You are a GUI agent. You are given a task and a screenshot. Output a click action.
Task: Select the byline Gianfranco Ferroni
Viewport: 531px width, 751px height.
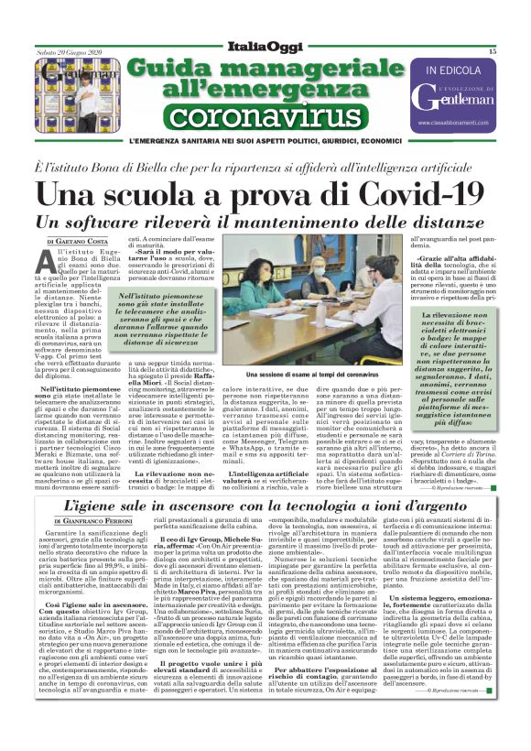[93, 520]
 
